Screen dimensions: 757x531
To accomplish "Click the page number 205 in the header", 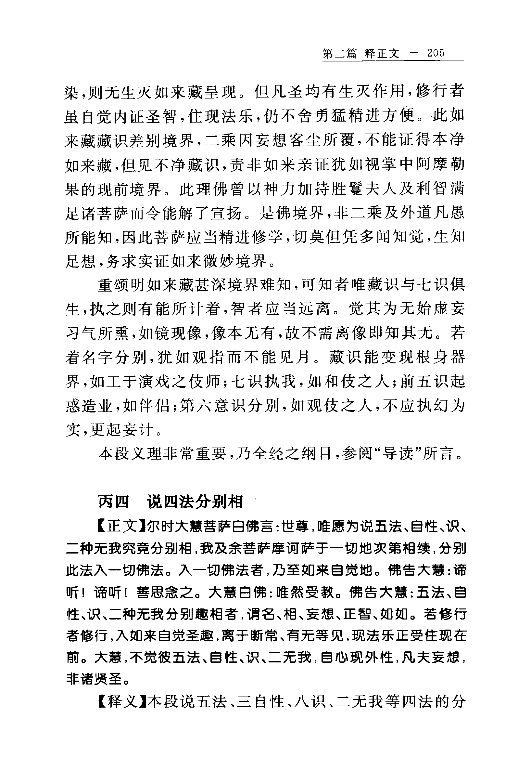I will click(436, 54).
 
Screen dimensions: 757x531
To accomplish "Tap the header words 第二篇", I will click(339, 54).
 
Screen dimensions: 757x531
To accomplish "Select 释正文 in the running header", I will click(382, 54).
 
